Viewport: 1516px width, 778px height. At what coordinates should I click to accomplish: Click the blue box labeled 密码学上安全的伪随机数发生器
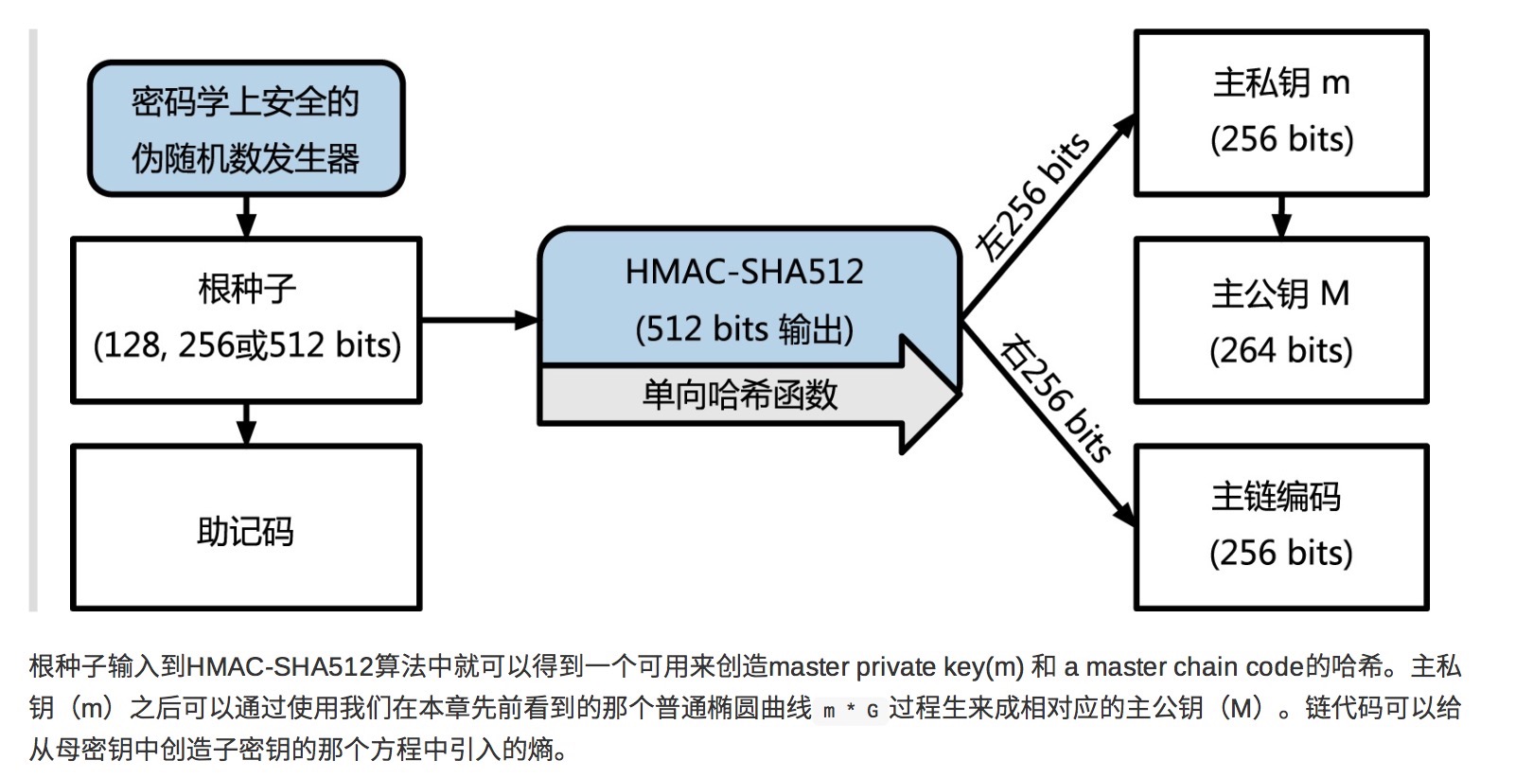point(246,129)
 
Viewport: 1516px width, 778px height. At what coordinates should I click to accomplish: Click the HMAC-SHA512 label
point(744,273)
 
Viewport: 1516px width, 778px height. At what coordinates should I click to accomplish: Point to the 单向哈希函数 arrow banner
point(740,395)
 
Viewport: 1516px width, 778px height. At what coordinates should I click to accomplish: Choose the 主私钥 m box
point(1281,113)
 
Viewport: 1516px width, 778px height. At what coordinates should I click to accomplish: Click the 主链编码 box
point(1281,526)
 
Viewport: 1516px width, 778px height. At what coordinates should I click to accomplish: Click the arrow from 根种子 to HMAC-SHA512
point(479,320)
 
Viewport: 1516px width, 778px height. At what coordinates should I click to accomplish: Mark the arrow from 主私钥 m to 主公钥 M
point(1281,217)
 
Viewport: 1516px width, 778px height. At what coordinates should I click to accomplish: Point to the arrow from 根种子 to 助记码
point(246,424)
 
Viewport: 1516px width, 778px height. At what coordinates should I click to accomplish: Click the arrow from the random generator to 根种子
point(246,217)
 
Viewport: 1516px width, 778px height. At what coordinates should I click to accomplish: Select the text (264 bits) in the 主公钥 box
point(1281,351)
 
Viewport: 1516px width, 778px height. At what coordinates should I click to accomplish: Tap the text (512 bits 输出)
point(744,329)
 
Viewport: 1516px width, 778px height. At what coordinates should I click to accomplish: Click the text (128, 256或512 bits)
point(247,345)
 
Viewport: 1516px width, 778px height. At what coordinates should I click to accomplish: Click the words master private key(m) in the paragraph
point(896,667)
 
